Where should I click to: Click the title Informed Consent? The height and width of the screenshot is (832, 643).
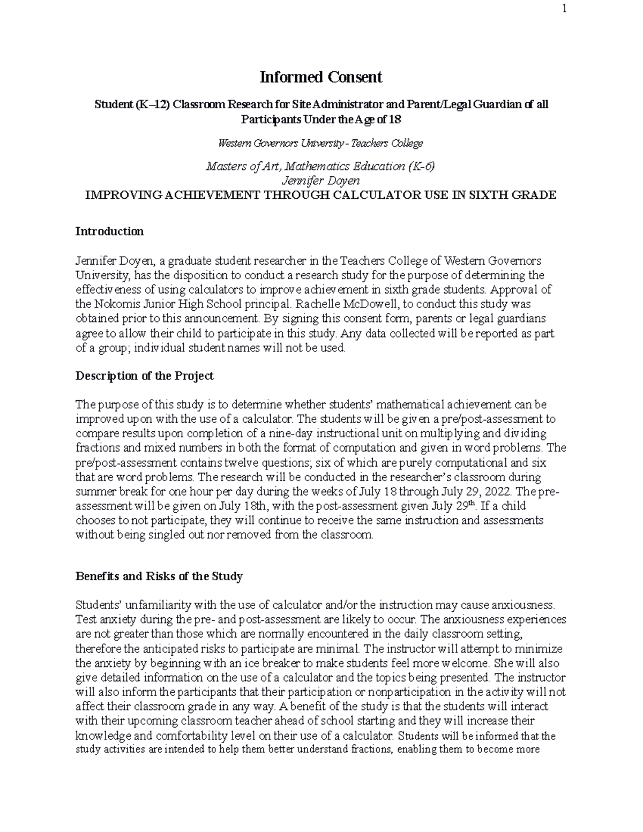pyautogui.click(x=320, y=78)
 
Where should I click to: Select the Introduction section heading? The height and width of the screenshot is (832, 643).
pyautogui.click(x=109, y=231)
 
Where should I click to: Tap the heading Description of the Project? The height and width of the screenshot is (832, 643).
pyautogui.click(x=144, y=376)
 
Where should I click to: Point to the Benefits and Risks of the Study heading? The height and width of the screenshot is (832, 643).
pyautogui.click(x=159, y=576)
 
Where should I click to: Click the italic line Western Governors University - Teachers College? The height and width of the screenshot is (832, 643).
pyautogui.click(x=320, y=143)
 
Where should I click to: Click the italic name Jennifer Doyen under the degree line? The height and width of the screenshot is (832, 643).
pyautogui.click(x=320, y=181)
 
